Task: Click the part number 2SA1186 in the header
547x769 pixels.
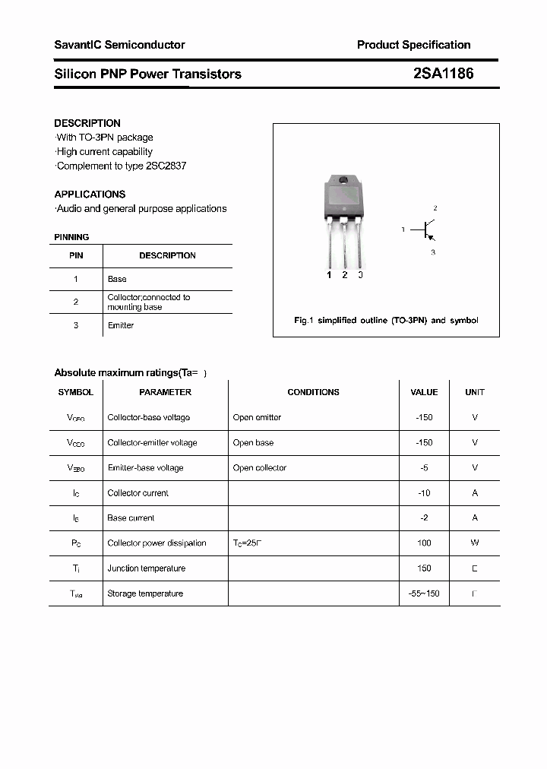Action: pos(443,74)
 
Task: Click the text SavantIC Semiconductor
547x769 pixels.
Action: pos(119,45)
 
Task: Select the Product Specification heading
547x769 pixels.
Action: pos(413,45)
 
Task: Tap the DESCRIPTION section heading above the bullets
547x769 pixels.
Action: pos(87,123)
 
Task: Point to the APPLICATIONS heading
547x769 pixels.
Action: pos(90,195)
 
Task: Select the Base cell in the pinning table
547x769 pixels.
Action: pos(117,280)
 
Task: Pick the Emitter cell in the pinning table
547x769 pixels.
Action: pos(120,325)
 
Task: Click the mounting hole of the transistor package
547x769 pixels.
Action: pos(343,181)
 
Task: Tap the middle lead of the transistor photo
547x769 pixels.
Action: pos(344,243)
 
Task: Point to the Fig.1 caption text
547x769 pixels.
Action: pos(386,321)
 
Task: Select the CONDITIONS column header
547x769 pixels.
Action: pos(313,392)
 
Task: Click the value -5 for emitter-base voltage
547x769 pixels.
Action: pos(424,468)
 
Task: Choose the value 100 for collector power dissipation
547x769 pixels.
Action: pos(424,543)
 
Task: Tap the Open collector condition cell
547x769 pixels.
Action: pos(260,468)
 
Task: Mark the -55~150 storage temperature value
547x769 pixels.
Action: pos(424,593)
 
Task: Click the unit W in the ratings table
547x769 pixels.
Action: pos(475,543)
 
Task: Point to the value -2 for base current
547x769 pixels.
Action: pos(424,518)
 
